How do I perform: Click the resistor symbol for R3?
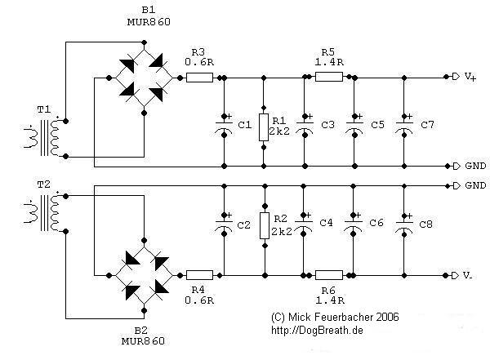pyautogui.click(x=199, y=78)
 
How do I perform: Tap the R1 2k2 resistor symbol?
pyautogui.click(x=263, y=127)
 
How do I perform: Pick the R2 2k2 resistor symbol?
pyautogui.click(x=263, y=224)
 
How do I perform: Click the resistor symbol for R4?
pyautogui.click(x=199, y=275)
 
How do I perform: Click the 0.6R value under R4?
pyautogui.click(x=199, y=300)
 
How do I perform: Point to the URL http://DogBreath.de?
pyautogui.click(x=318, y=330)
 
